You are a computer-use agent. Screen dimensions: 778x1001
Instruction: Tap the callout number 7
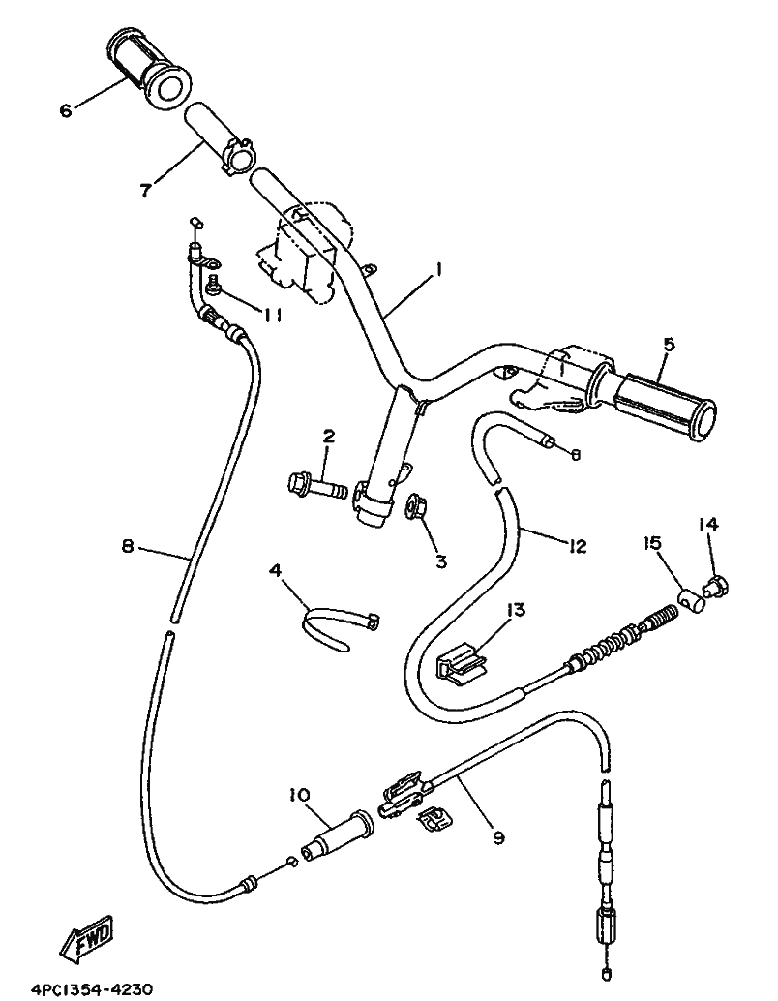(147, 190)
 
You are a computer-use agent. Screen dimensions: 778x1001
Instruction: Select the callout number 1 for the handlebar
(438, 270)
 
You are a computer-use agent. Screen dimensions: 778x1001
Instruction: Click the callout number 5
(669, 345)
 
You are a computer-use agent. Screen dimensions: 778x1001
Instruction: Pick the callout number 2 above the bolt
(328, 437)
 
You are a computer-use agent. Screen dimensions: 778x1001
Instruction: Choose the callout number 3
(441, 561)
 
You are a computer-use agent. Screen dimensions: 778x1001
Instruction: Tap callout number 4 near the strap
(276, 569)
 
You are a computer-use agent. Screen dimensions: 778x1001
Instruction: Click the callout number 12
(577, 546)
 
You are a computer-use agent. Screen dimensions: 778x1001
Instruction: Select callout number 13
(515, 610)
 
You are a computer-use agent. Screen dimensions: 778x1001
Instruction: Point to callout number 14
(707, 524)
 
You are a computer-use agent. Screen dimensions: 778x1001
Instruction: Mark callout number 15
(651, 543)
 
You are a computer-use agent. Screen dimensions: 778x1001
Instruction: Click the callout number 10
(299, 795)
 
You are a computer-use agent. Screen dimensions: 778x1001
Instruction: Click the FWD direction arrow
(87, 938)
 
